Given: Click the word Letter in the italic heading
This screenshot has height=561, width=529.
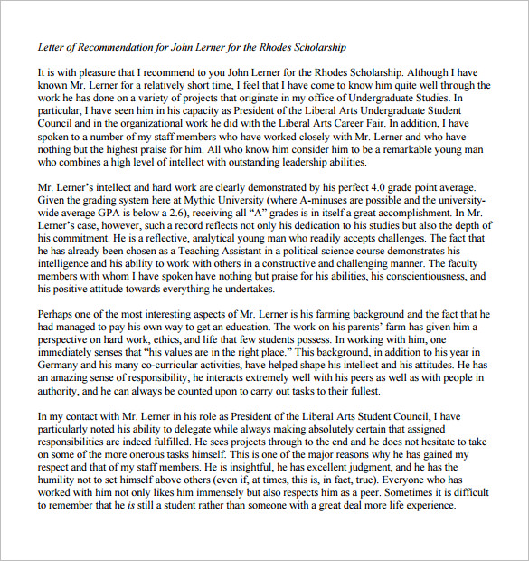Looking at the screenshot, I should click(x=50, y=46).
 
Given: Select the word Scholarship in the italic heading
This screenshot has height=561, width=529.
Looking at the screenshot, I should click(x=319, y=46).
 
